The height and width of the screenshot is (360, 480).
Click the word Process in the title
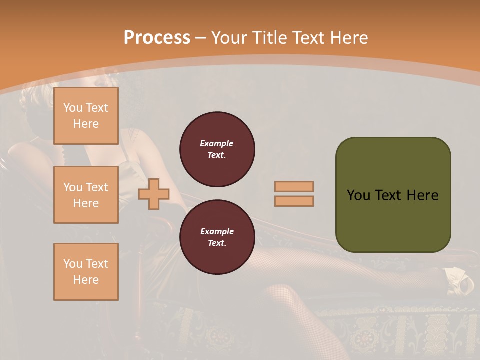pos(157,38)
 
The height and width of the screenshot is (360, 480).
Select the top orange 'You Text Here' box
pos(86,116)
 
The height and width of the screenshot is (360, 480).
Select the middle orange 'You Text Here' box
pos(86,195)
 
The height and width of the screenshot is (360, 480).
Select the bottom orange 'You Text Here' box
pos(86,272)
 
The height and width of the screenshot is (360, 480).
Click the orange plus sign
pos(154,194)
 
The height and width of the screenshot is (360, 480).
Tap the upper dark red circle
pos(217,149)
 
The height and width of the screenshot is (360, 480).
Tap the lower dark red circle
pos(217,237)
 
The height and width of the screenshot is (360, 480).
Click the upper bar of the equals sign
pos(294,186)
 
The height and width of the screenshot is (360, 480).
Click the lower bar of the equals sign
pos(294,201)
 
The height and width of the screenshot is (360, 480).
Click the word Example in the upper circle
pos(217,143)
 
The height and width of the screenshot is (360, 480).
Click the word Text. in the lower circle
pos(217,243)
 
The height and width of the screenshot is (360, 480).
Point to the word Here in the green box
pos(422,195)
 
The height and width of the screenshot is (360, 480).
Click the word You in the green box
pos(359,195)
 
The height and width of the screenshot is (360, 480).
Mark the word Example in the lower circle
pos(217,231)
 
